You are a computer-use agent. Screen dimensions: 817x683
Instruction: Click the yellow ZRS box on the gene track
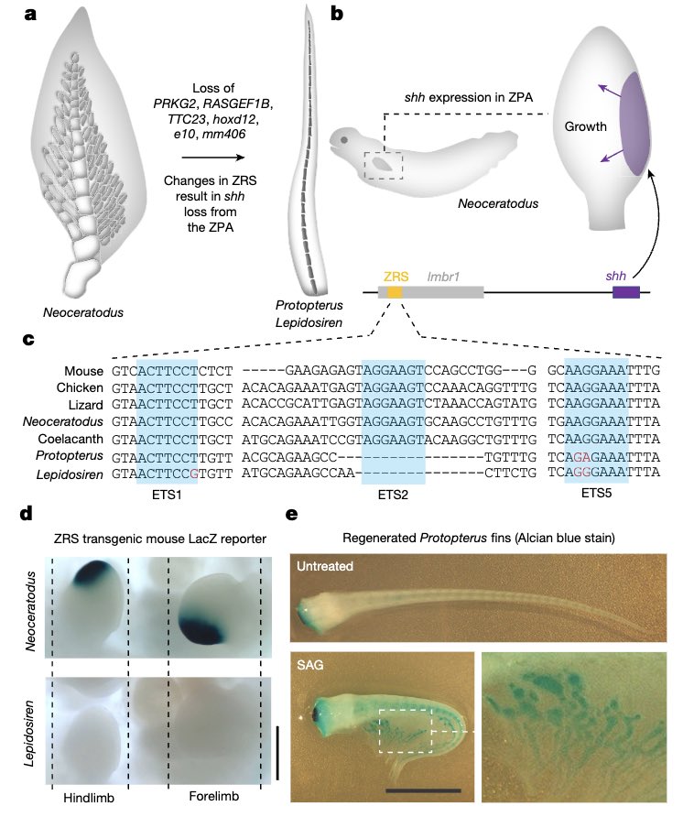coord(395,292)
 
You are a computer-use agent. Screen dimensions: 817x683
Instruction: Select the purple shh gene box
coord(625,292)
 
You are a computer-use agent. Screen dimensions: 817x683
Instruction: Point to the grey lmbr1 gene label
coord(445,275)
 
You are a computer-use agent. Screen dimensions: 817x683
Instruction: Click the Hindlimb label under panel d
coord(89,798)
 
